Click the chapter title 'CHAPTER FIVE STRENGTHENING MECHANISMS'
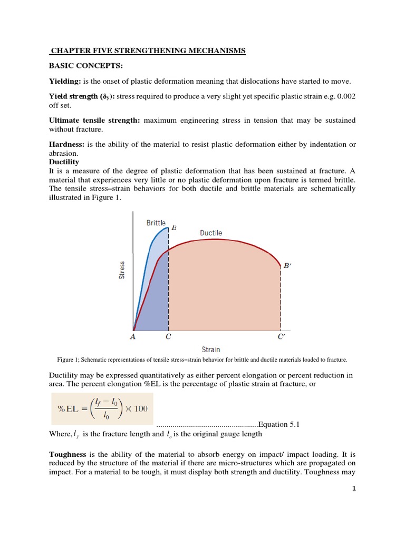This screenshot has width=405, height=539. tap(148, 51)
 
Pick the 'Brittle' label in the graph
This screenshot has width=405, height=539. tap(156, 223)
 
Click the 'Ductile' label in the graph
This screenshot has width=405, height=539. tap(211, 233)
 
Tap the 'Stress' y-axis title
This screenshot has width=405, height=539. tap(122, 270)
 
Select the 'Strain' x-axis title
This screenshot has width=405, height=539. tap(211, 350)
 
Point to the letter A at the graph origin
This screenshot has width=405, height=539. tap(132, 337)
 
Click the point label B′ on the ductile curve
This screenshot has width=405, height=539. tap(287, 266)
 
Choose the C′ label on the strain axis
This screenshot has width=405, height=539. tap(281, 337)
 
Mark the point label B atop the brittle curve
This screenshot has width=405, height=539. tap(173, 227)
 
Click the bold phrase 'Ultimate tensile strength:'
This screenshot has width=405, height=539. tap(94, 121)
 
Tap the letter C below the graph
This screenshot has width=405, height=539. tap(168, 337)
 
